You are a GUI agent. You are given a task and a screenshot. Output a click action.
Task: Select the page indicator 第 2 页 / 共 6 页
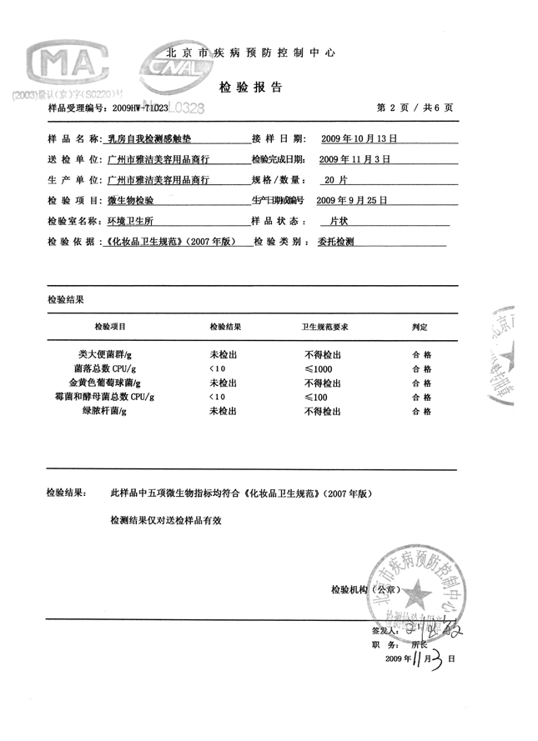click(x=415, y=108)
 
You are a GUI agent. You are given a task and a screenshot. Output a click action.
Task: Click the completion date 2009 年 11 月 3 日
click(x=355, y=158)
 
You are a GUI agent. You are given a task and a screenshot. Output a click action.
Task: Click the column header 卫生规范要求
click(x=324, y=327)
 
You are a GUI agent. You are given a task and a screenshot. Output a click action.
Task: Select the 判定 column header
click(x=420, y=327)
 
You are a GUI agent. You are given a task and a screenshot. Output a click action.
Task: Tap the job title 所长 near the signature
click(x=420, y=644)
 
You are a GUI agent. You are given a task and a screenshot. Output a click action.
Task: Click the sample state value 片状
click(x=339, y=222)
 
